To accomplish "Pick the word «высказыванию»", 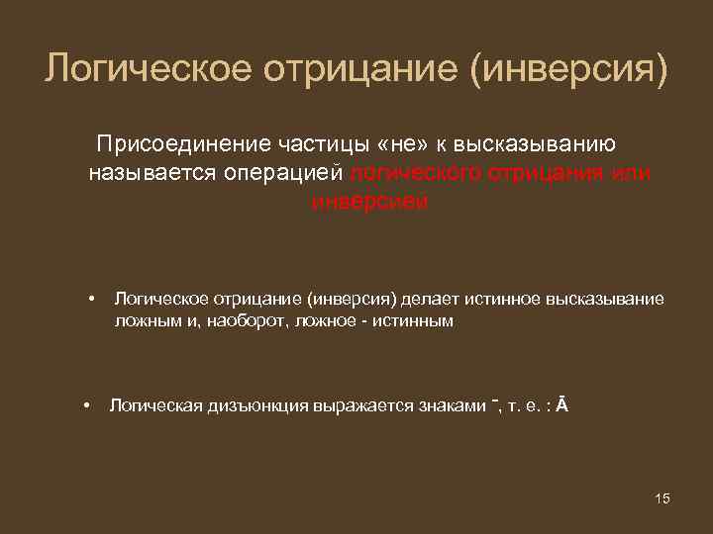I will click(x=540, y=144).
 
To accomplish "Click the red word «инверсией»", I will click(x=369, y=202).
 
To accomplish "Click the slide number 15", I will click(x=662, y=497).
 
